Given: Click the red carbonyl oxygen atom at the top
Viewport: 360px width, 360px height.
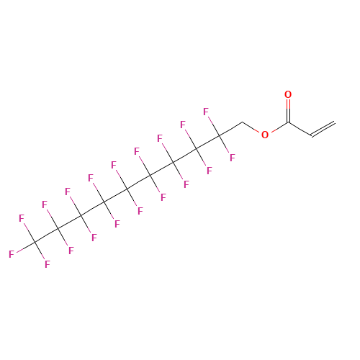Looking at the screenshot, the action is coord(288,94).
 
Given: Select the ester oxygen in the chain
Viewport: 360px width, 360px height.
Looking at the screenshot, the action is coord(265,135).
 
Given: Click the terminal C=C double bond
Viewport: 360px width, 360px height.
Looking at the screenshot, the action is coord(323,130).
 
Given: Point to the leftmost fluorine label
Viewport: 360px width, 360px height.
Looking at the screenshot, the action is coord(12,254).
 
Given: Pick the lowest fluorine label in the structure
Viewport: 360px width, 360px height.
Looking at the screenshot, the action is coord(48,264).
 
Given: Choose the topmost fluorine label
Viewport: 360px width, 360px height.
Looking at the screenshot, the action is coord(206,112).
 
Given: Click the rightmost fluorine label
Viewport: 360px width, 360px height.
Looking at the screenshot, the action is coord(233,158).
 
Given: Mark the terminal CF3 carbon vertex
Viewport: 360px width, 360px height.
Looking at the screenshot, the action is coord(35,243).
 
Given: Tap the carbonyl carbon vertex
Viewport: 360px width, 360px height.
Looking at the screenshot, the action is coord(288,123).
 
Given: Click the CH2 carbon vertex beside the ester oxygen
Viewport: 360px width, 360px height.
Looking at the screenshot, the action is coord(242,122).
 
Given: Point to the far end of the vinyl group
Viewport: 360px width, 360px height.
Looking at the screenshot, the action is coord(334,122).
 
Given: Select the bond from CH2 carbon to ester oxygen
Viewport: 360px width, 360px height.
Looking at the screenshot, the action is coord(251,127).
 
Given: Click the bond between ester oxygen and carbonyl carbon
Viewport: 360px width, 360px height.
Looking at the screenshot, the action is coord(279,127).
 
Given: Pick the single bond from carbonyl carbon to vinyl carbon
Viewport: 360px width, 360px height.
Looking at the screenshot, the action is coord(300,130).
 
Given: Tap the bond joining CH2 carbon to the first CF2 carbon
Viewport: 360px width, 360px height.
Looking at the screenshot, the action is coord(230,130).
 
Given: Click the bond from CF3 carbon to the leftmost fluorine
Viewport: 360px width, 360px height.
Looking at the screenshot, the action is coord(25,248).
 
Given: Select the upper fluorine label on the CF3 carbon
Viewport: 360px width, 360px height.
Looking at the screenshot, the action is coord(22,218).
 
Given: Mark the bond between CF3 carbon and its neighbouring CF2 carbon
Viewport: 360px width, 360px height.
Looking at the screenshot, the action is coord(46,235).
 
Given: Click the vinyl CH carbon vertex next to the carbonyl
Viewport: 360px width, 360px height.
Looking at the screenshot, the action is coord(312,136).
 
